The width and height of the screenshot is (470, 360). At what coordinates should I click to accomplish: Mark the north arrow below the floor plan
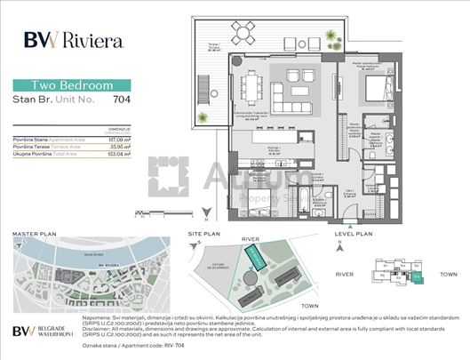tap(204, 214)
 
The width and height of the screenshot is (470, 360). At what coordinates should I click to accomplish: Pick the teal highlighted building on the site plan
tap(256, 260)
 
